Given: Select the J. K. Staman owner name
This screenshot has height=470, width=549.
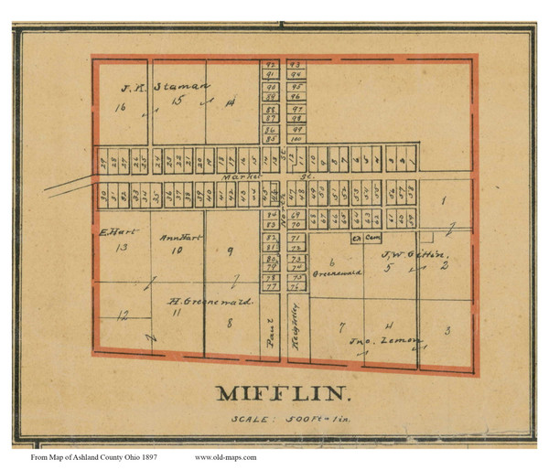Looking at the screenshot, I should [x=161, y=88].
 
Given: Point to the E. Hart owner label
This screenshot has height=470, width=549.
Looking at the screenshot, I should [x=110, y=232].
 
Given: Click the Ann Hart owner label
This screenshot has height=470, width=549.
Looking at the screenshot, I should [x=179, y=238].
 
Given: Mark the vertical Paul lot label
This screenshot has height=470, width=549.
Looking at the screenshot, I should [x=270, y=337].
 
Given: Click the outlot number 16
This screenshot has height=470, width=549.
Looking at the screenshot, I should [x=119, y=108].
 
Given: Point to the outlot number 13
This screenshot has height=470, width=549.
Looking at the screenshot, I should [x=119, y=247].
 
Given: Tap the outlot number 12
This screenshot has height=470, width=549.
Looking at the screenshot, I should [x=122, y=315].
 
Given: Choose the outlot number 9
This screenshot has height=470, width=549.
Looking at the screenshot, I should [x=230, y=250].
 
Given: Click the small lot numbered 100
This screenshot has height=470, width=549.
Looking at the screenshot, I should [x=296, y=139].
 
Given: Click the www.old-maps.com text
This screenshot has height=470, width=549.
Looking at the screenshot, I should [x=225, y=456].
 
